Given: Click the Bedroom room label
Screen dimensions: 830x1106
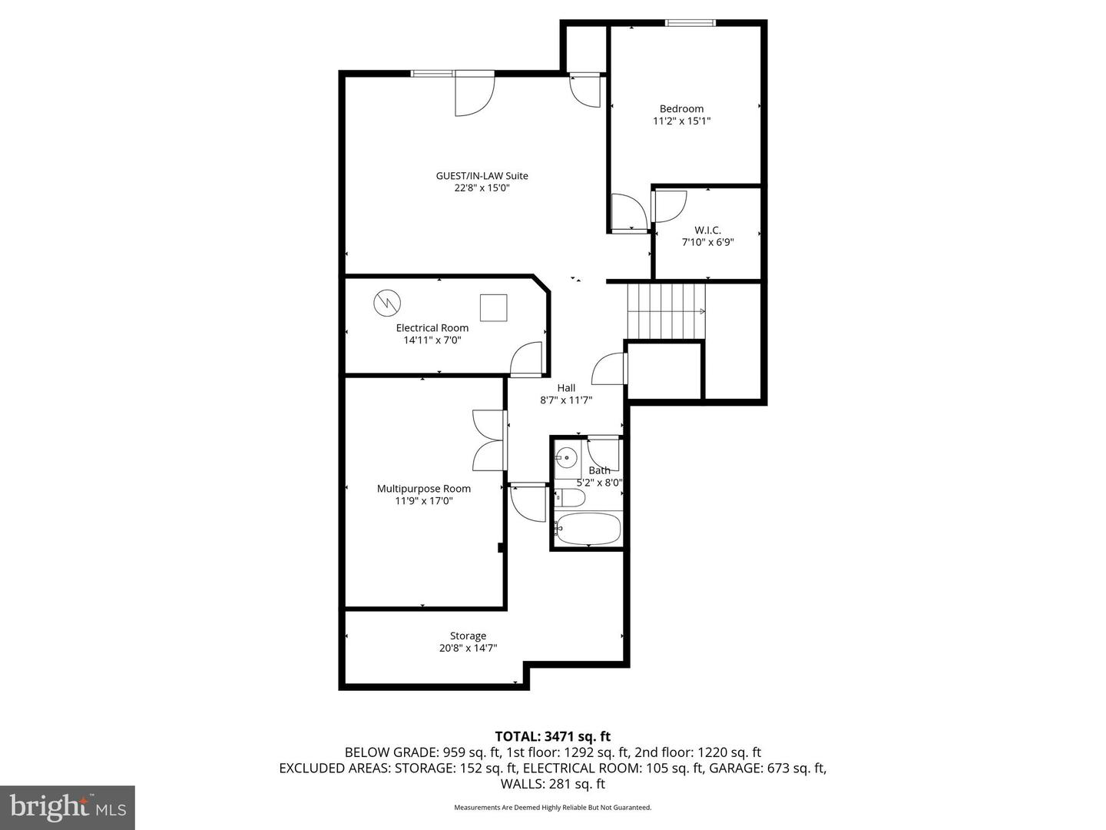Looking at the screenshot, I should [x=681, y=109].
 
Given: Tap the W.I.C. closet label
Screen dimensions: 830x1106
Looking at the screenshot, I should [x=707, y=230].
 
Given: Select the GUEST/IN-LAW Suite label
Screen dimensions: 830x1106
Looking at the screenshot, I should [x=482, y=176].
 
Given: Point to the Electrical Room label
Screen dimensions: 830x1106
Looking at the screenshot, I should [x=432, y=328].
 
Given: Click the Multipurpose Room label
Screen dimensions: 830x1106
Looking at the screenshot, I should [x=423, y=489].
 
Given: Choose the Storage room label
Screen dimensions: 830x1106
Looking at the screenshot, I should [x=468, y=636].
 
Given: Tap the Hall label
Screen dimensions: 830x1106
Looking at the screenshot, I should [x=566, y=388].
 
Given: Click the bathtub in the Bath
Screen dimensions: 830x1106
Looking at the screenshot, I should [x=588, y=529].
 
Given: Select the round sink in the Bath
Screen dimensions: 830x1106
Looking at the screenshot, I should [x=567, y=458].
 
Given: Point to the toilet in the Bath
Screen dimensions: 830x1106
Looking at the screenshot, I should [x=570, y=498].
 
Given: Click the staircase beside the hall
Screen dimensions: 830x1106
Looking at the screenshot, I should [x=666, y=310].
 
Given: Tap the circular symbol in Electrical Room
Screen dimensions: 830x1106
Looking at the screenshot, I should [x=386, y=302].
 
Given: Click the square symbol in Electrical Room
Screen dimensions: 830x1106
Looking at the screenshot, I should [x=494, y=307].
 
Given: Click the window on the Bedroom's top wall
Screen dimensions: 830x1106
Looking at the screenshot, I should [x=690, y=23].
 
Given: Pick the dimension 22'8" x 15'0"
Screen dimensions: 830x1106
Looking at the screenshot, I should [x=482, y=188].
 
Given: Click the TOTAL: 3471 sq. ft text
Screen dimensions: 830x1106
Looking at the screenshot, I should [x=552, y=737].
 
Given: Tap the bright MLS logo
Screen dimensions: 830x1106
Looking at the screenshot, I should [x=68, y=807].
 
